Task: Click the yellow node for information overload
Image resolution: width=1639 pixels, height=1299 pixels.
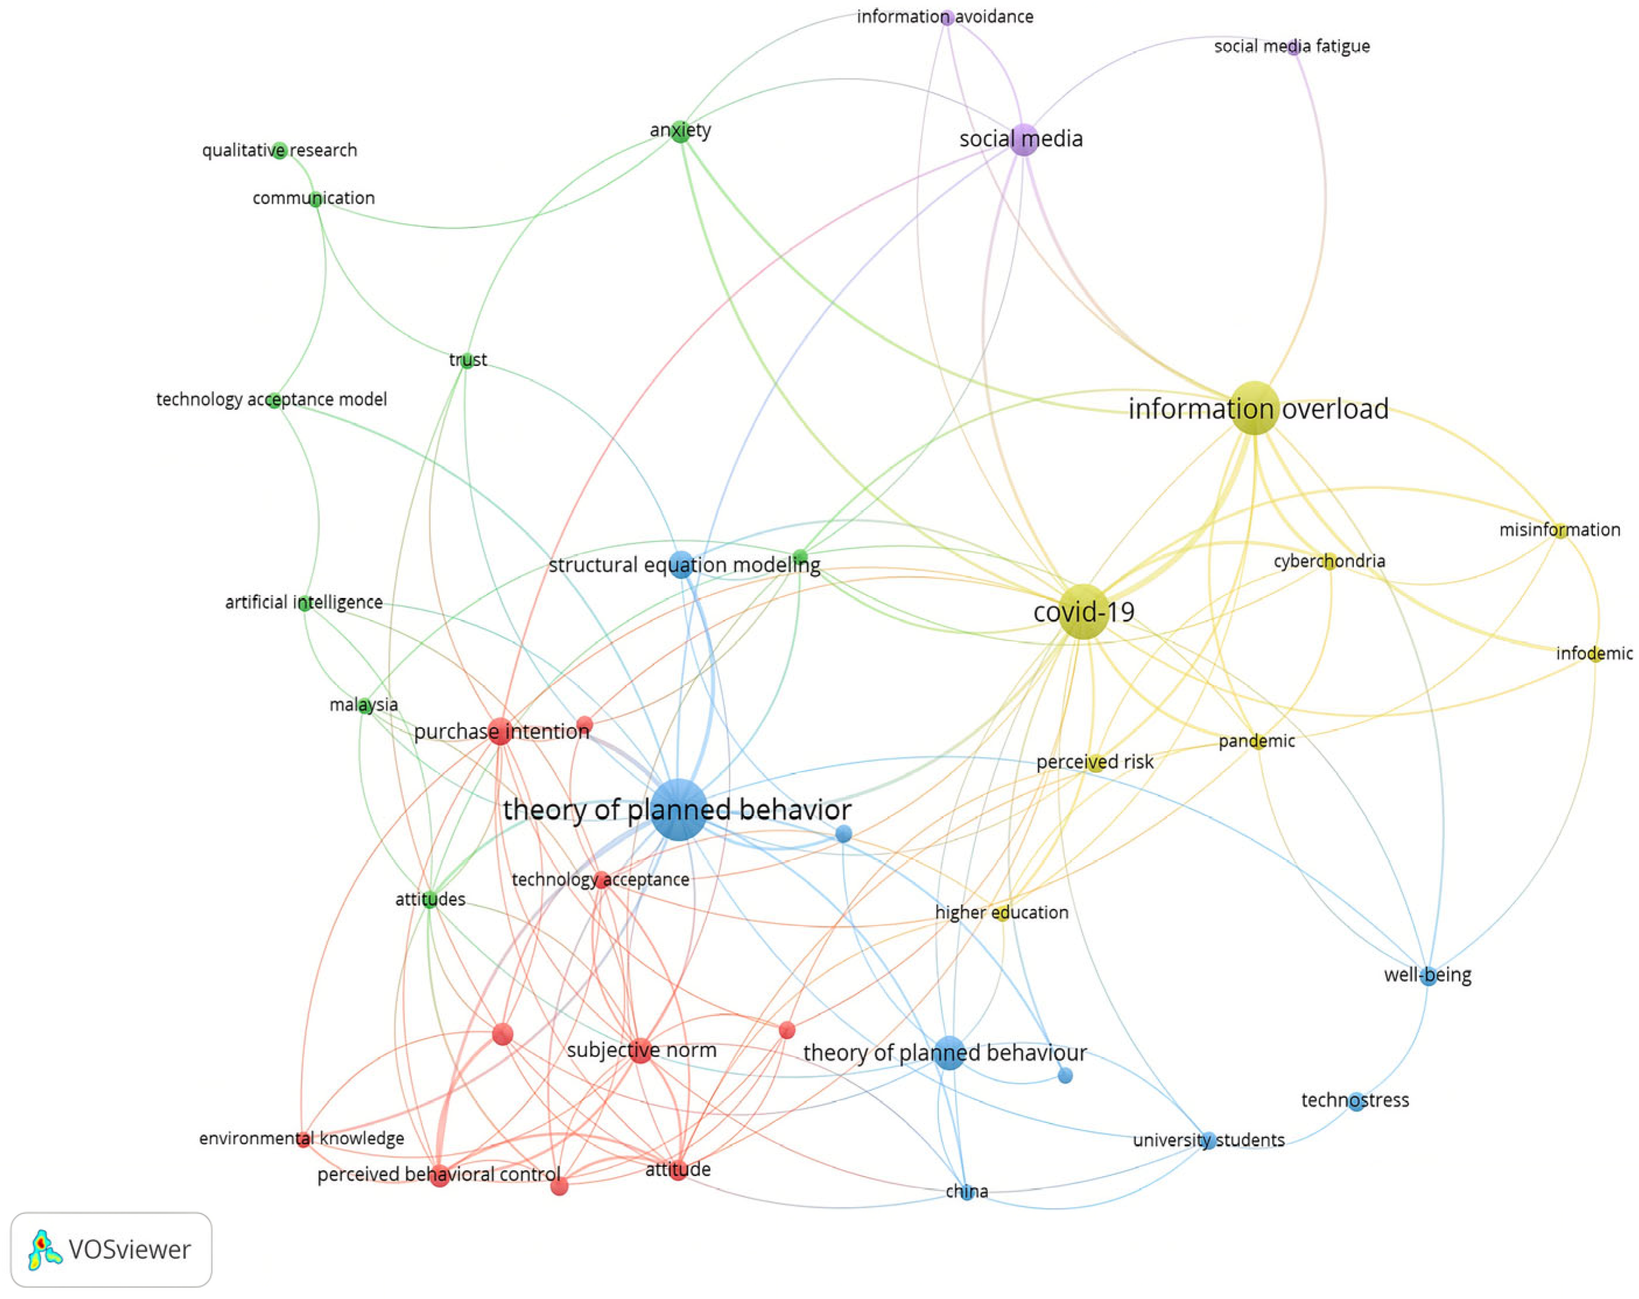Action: click(x=1254, y=408)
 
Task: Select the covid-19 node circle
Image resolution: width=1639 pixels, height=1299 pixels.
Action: click(x=1082, y=612)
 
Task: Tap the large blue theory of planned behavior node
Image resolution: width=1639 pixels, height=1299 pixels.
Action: click(x=678, y=809)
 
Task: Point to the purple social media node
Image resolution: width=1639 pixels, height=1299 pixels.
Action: click(x=1024, y=139)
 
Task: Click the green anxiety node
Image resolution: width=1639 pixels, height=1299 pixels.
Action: click(x=680, y=131)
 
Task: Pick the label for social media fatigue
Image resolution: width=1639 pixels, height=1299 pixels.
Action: click(x=1292, y=47)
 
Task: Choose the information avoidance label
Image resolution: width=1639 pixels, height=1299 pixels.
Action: click(x=944, y=17)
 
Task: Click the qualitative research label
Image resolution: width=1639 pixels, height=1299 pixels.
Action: click(x=279, y=150)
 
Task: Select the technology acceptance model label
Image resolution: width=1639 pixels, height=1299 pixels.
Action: click(x=272, y=400)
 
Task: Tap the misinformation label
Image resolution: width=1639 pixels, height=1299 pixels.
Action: click(x=1559, y=530)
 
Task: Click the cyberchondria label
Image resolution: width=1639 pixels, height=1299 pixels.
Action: click(x=1329, y=561)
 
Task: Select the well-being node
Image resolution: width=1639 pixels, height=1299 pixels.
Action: click(x=1429, y=977)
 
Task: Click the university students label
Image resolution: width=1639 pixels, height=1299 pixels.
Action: click(x=1208, y=1140)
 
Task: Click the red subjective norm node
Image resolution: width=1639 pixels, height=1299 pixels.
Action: click(x=641, y=1051)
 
